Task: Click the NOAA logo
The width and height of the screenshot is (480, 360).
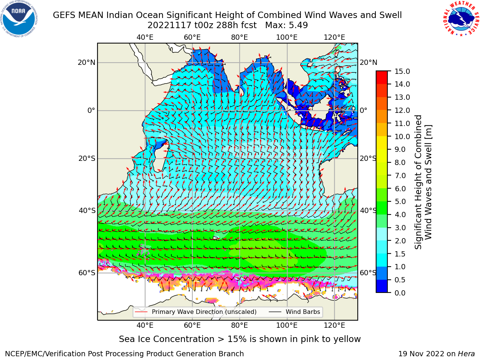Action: (x=19, y=19)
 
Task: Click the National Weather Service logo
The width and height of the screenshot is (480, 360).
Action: (x=461, y=19)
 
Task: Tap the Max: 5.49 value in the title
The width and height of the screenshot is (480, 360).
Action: (x=286, y=25)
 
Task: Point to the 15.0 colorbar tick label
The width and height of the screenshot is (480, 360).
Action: (x=402, y=71)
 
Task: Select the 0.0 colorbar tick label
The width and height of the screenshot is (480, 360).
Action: (x=400, y=293)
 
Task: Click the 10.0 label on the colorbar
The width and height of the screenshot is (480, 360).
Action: (x=402, y=136)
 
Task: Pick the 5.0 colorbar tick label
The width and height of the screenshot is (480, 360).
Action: (x=400, y=201)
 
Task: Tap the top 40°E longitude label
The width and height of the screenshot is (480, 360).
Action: (x=145, y=37)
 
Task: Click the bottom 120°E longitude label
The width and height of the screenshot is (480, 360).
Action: (x=334, y=325)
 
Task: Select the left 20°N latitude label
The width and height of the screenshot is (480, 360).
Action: (x=87, y=63)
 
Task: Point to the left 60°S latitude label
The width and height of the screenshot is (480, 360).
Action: (x=87, y=273)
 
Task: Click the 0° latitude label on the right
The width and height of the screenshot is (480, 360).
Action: (x=363, y=110)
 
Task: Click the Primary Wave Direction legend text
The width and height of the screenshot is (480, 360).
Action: (x=204, y=312)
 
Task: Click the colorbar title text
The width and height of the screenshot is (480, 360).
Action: (x=423, y=182)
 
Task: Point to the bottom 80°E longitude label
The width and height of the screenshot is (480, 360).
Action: (x=240, y=325)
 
